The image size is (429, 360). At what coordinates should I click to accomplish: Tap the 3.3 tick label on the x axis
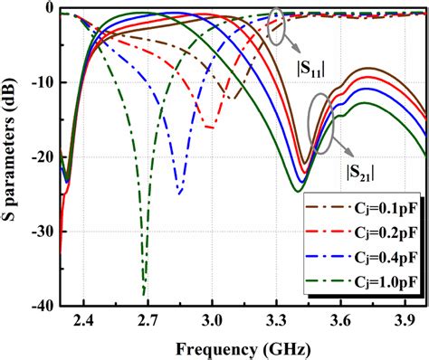coord(276,320)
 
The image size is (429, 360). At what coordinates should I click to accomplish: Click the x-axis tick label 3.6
coord(340,320)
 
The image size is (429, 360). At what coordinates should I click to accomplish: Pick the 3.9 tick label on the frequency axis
coord(405,320)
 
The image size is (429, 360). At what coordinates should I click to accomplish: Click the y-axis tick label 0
coord(51,10)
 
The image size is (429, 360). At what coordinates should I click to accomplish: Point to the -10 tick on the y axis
coord(43,83)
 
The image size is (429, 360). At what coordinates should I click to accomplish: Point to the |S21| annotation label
coord(362,172)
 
